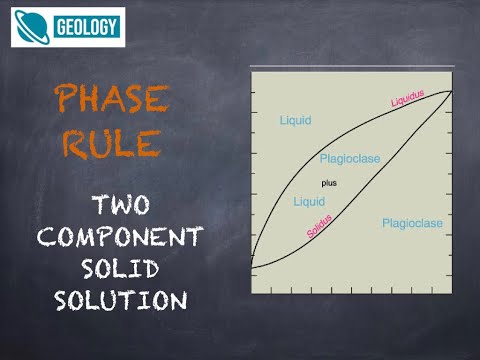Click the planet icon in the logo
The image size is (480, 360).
pos(32,28)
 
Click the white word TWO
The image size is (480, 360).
pos(120,206)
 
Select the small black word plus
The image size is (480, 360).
pos(329,183)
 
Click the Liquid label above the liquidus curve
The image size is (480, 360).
pos(294,121)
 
